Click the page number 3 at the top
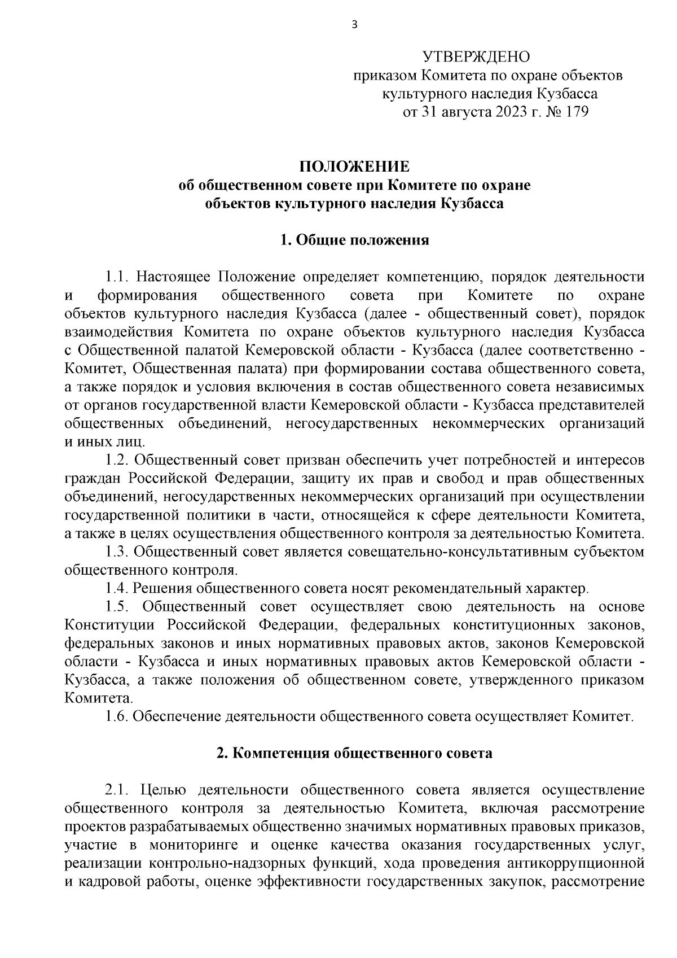pos(354,24)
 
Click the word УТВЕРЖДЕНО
pos(477,56)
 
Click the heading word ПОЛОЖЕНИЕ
pos(354,167)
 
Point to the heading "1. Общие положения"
pos(354,240)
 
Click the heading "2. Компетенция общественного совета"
pos(354,753)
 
